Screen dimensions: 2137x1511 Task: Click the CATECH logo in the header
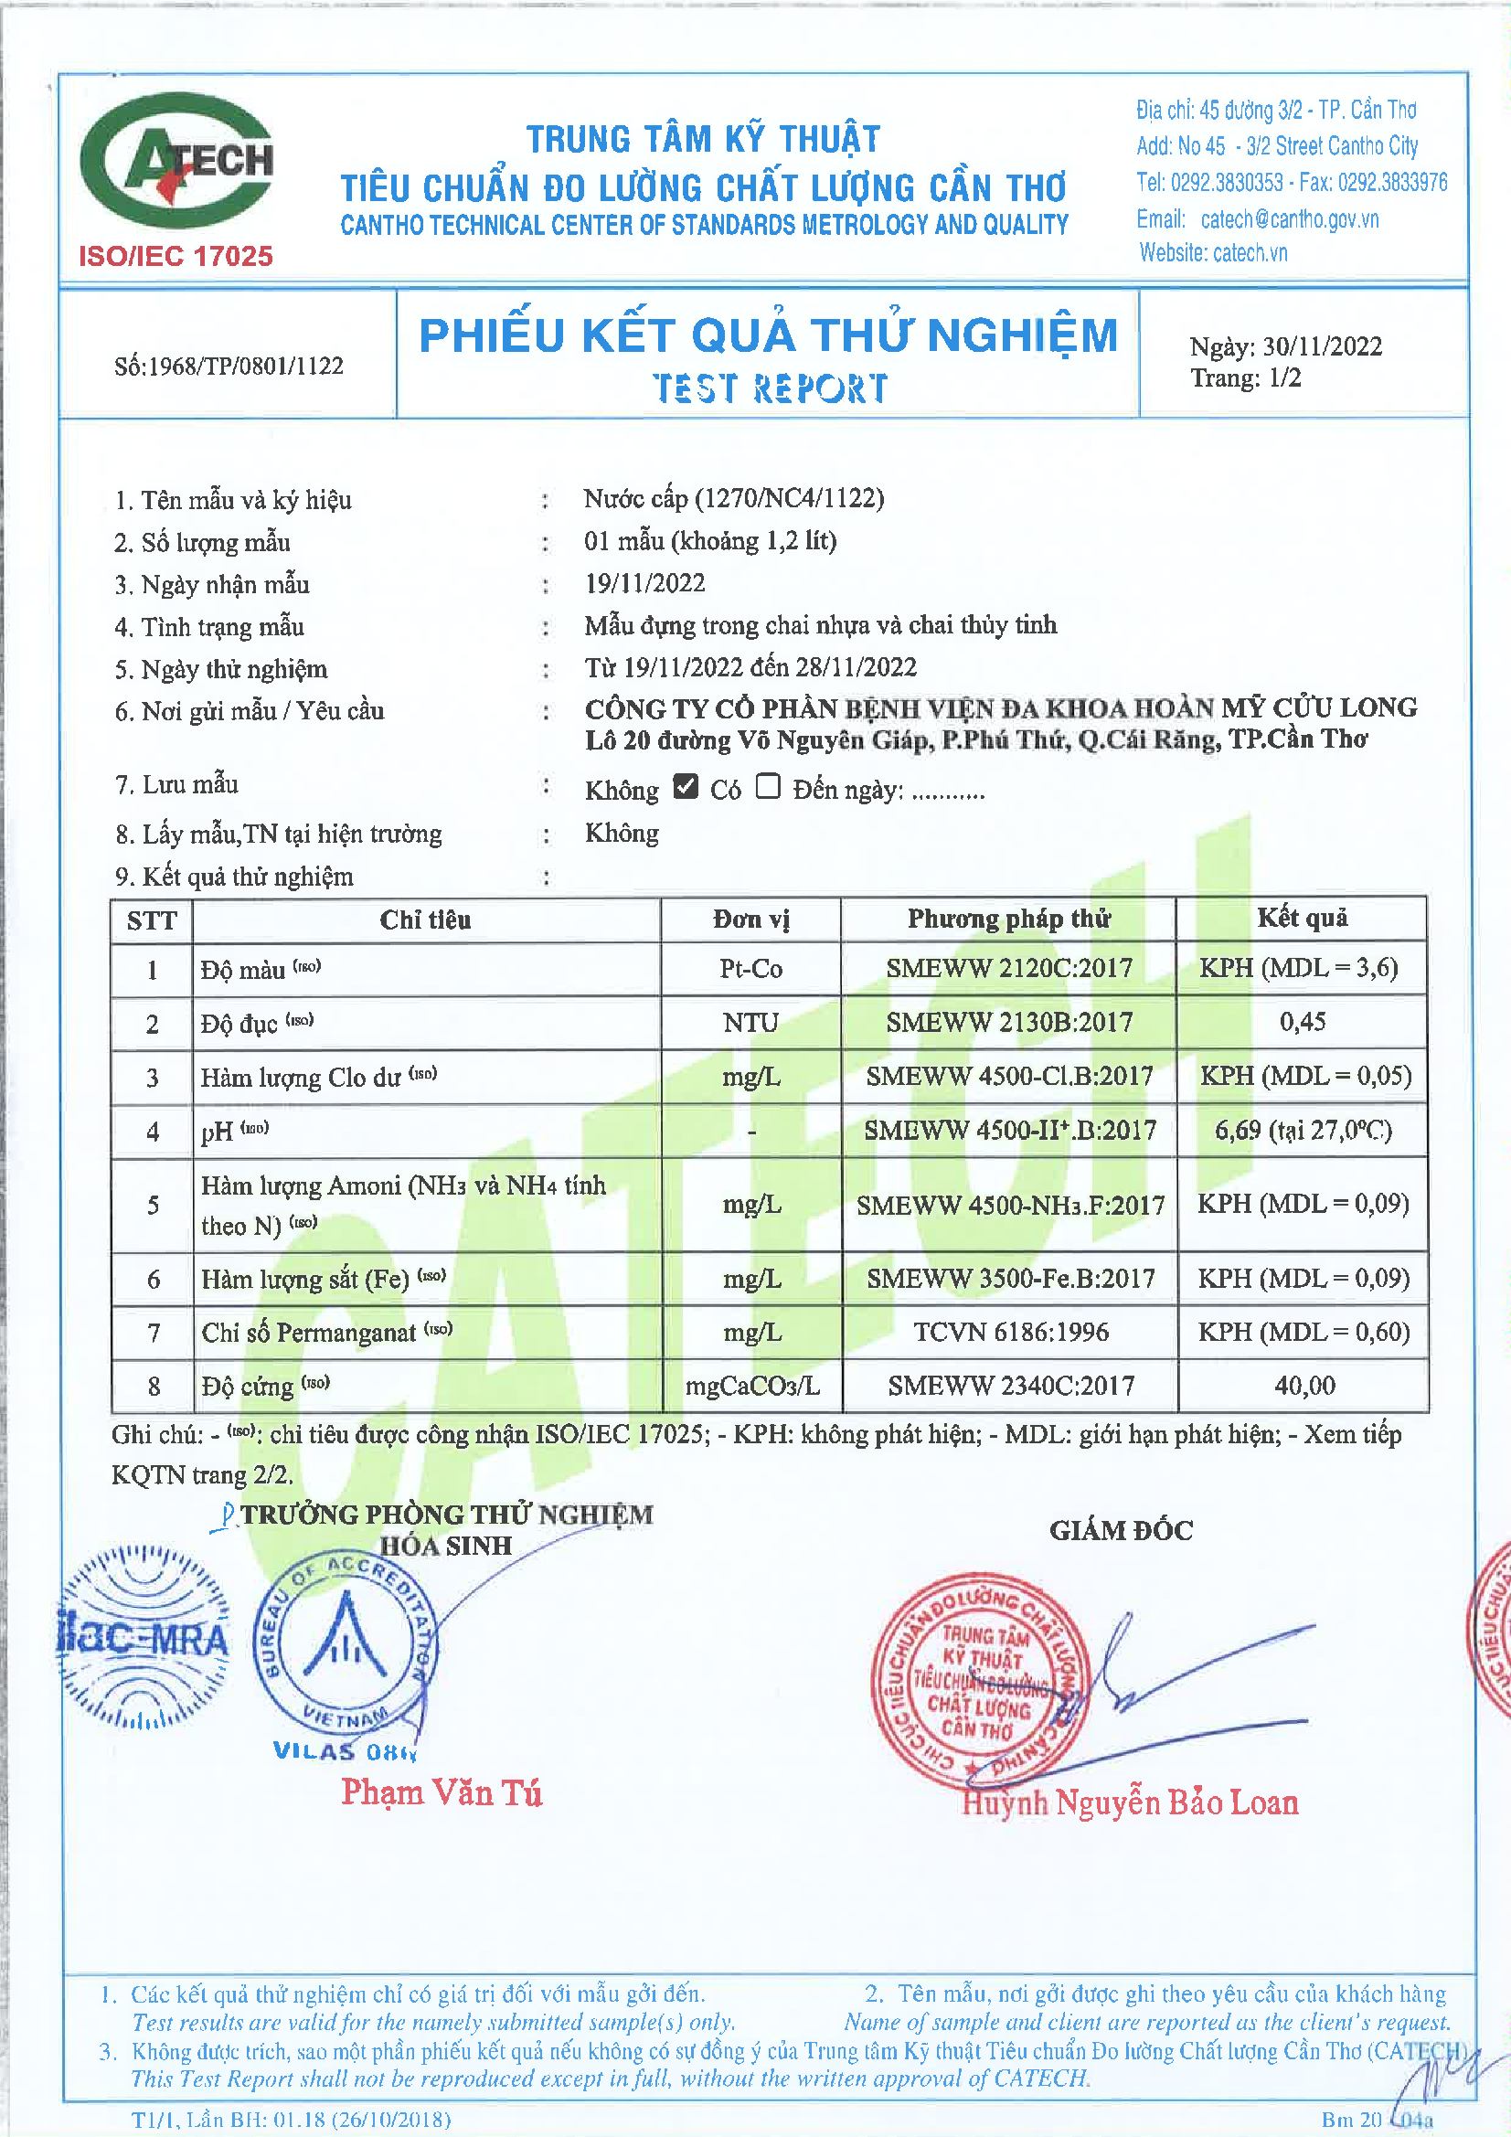pyautogui.click(x=177, y=160)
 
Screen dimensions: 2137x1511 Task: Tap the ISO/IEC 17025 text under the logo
pyautogui.click(x=176, y=256)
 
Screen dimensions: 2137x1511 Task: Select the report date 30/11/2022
pyautogui.click(x=1322, y=346)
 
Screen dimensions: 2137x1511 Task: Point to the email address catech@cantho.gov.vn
pyautogui.click(x=1290, y=219)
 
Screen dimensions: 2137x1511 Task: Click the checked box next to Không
pyautogui.click(x=686, y=786)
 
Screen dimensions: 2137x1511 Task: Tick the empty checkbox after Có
pyautogui.click(x=768, y=786)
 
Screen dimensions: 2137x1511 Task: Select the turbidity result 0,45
pyautogui.click(x=1302, y=1022)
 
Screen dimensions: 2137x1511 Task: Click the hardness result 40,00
pyautogui.click(x=1304, y=1386)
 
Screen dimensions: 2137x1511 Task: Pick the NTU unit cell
pyautogui.click(x=750, y=1023)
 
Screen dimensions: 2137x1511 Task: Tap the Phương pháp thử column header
pyautogui.click(x=1009, y=919)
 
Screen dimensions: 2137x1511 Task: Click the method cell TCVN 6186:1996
pyautogui.click(x=1011, y=1332)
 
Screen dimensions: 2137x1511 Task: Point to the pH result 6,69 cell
pyautogui.click(x=1303, y=1131)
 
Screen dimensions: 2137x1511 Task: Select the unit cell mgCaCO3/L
pyautogui.click(x=752, y=1387)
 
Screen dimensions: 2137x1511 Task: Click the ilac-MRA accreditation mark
pyautogui.click(x=143, y=1639)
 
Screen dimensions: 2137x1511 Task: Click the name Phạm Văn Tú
pyautogui.click(x=442, y=1792)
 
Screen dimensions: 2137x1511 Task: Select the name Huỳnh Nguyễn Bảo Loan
pyautogui.click(x=1130, y=1802)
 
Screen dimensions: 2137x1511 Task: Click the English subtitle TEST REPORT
pyautogui.click(x=769, y=388)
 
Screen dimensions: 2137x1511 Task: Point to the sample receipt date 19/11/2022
pyautogui.click(x=645, y=583)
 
